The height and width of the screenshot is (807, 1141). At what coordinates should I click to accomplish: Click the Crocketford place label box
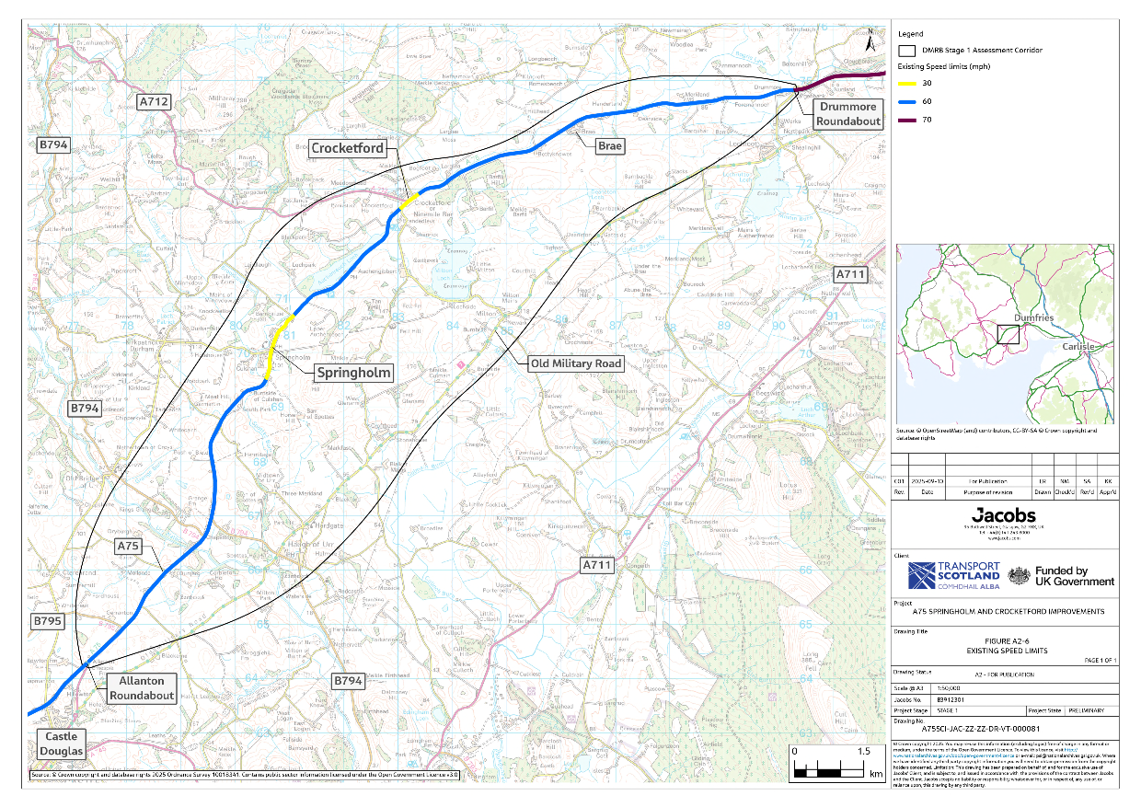coord(348,148)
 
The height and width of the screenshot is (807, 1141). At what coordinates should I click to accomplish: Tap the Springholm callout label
coord(354,373)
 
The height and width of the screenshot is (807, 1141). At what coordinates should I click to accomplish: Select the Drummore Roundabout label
coord(847,114)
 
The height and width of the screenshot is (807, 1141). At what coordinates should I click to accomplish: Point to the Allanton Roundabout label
coord(142,688)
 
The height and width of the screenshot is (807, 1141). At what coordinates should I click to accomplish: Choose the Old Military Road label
coord(576,363)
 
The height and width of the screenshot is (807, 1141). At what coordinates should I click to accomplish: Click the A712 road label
coord(154,101)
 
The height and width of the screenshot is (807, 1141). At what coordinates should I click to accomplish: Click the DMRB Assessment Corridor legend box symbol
coord(907,51)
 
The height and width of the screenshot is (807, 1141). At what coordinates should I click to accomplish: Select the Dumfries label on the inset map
coord(1032,317)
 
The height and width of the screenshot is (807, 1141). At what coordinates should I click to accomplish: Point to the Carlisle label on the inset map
coord(1079,346)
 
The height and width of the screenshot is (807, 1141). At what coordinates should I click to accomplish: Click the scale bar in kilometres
coord(827,765)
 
